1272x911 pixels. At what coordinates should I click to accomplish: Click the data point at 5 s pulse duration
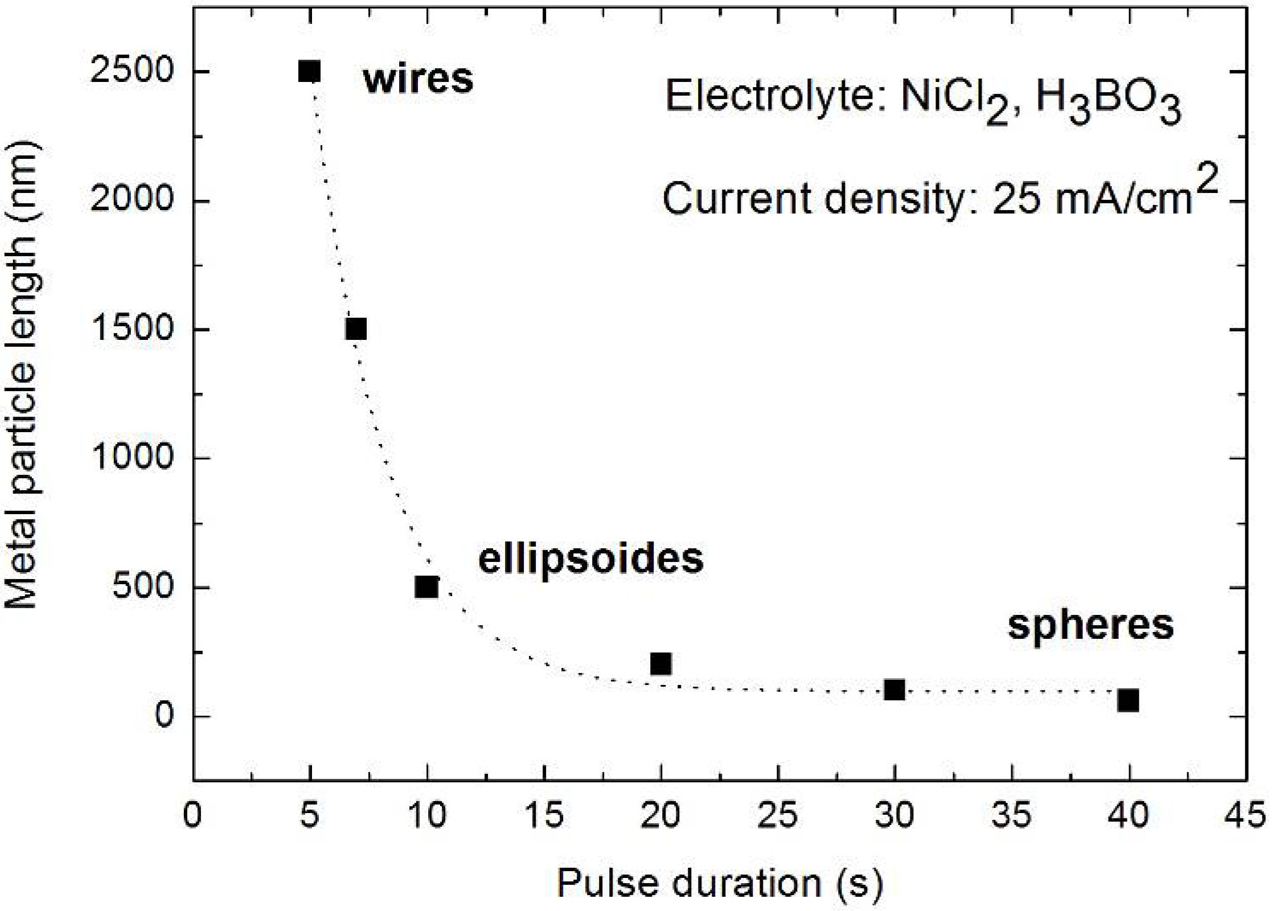[310, 72]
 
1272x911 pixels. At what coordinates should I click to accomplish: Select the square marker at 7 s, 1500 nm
[356, 329]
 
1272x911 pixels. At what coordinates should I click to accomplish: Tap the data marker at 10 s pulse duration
[426, 586]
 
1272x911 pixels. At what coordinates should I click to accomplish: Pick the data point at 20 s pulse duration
[660, 663]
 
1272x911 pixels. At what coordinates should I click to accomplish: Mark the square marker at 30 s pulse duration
[894, 690]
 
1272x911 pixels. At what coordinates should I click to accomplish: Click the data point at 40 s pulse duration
[1128, 700]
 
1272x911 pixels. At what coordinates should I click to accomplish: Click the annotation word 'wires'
[418, 79]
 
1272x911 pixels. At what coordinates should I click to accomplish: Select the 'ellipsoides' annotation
[590, 559]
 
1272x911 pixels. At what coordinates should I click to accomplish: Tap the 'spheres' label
[1090, 626]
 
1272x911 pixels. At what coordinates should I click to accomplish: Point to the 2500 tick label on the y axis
[132, 72]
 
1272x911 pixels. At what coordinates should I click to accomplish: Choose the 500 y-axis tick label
[142, 588]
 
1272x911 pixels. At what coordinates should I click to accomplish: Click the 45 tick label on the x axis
[1247, 815]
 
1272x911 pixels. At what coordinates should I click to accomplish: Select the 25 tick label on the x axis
[778, 815]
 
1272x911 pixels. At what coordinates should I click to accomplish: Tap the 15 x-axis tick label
[544, 815]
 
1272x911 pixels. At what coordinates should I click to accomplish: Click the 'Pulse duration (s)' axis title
[720, 883]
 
